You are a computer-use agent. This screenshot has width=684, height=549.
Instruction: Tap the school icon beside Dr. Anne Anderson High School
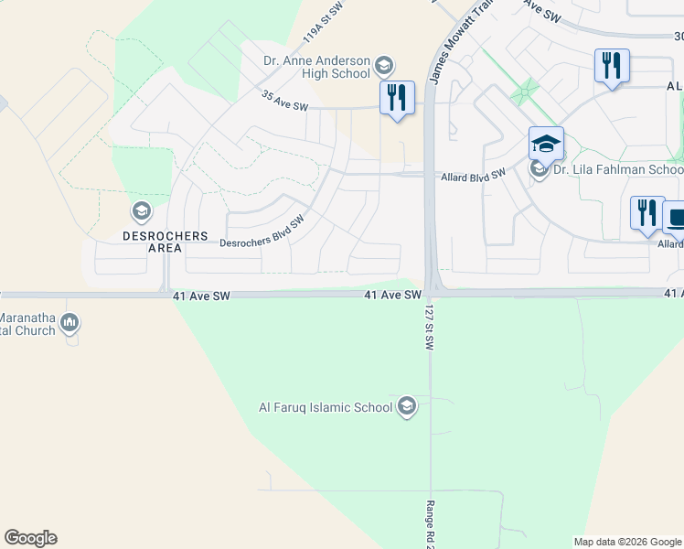point(384,66)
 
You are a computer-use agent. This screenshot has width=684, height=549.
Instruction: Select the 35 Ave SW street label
point(285,101)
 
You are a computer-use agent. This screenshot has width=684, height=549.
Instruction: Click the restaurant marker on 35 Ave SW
point(397,97)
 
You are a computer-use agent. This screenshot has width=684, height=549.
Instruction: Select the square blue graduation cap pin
point(546,144)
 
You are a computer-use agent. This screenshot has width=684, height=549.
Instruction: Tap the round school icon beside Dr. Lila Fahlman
point(540,169)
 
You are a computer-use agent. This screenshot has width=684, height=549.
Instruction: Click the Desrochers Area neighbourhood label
point(166,242)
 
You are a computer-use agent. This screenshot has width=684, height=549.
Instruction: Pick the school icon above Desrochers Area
point(141,212)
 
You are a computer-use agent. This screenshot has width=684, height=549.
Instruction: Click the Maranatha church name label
point(27,324)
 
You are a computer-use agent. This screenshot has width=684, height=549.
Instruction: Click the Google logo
point(30,538)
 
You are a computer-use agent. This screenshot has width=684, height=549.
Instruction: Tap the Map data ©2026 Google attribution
point(627,542)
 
